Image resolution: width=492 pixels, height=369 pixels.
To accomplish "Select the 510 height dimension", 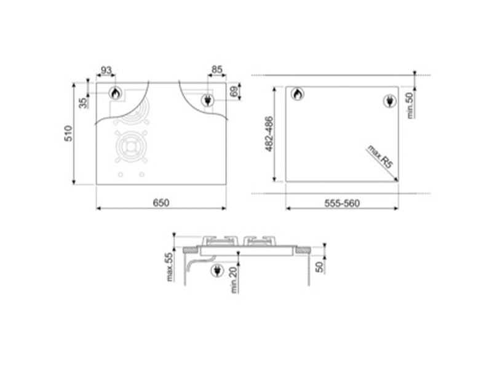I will (x=69, y=133).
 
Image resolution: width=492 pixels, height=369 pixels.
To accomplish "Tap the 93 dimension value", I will (x=106, y=71).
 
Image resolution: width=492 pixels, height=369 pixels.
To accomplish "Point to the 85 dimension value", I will (x=216, y=71).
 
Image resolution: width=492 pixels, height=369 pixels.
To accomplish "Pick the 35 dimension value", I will (x=84, y=103).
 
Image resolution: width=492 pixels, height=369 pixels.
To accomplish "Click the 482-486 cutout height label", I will (x=269, y=133).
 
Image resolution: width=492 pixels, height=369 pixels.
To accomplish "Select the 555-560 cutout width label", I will (x=342, y=203).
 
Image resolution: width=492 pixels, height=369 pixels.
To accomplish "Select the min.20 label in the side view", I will (x=234, y=280).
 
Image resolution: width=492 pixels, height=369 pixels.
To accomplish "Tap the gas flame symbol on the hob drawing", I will (x=114, y=93).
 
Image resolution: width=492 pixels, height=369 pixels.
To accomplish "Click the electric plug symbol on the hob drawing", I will (x=207, y=99).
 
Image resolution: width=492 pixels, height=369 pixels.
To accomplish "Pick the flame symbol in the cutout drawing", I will (x=298, y=94).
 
